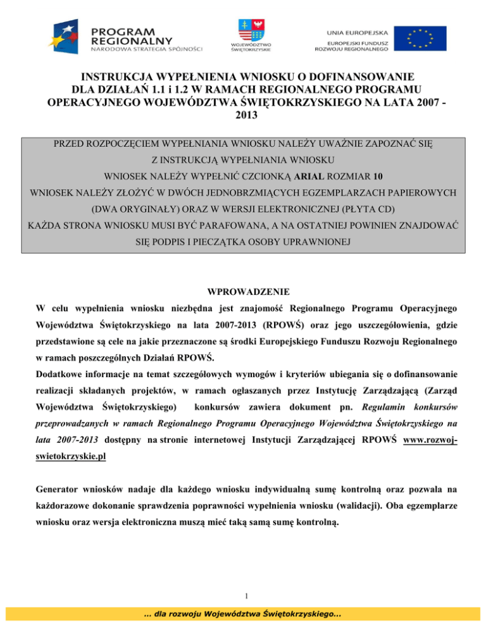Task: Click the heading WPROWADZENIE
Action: (x=243, y=292)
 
